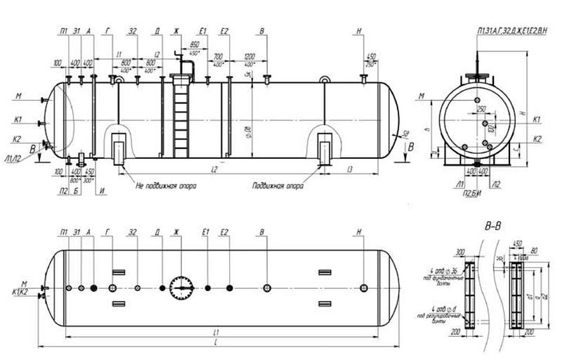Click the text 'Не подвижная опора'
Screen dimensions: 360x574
(166, 187)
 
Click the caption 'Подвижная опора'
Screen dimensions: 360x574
(279, 187)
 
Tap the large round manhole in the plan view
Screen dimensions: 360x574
(182, 288)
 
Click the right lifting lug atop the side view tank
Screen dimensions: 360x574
(324, 81)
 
